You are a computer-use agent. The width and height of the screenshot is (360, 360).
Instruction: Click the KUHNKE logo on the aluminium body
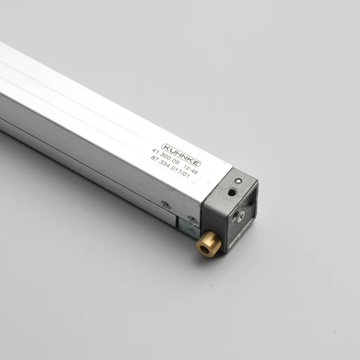pyautogui.click(x=181, y=155)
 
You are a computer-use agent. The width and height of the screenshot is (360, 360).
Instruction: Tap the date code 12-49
pyautogui.click(x=191, y=170)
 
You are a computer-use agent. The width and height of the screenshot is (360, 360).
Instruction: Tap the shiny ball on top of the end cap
pyautogui.click(x=239, y=181)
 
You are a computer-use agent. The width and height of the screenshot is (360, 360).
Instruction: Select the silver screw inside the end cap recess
pyautogui.click(x=242, y=215)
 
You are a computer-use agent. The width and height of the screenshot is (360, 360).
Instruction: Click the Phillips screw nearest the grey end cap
pyautogui.click(x=193, y=219)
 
